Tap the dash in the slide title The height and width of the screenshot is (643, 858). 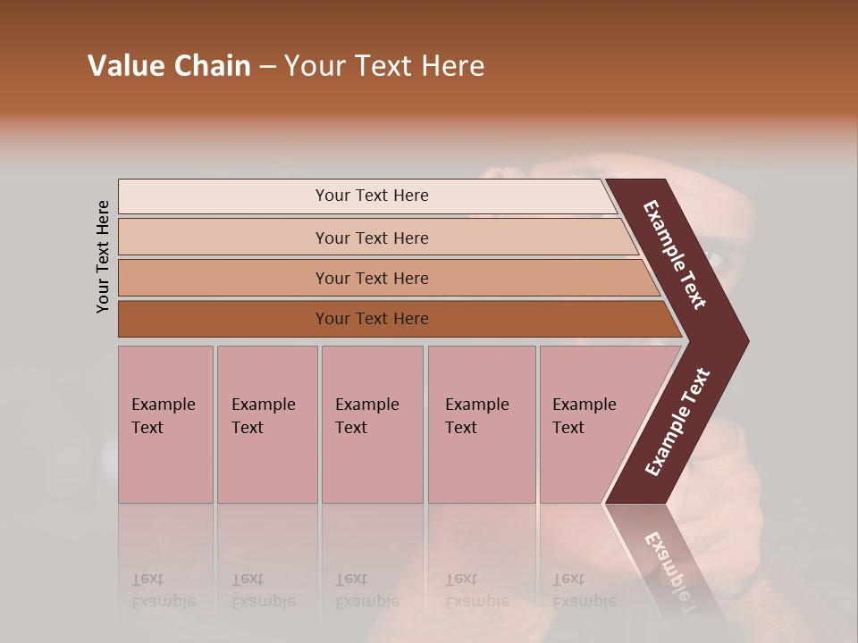[267, 67]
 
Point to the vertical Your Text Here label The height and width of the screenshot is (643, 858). [103, 256]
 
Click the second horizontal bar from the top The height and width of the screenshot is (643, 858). [372, 238]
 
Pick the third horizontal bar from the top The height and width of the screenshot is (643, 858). [372, 278]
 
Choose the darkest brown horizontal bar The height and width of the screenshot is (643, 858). [372, 319]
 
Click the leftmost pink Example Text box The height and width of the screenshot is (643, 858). [165, 423]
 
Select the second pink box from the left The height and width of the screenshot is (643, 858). [266, 423]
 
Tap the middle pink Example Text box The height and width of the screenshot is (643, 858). [372, 423]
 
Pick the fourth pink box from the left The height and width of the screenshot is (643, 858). [482, 423]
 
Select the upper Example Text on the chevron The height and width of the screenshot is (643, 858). [675, 255]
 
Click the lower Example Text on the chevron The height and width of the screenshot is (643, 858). [677, 422]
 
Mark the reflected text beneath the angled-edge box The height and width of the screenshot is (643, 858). [584, 590]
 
